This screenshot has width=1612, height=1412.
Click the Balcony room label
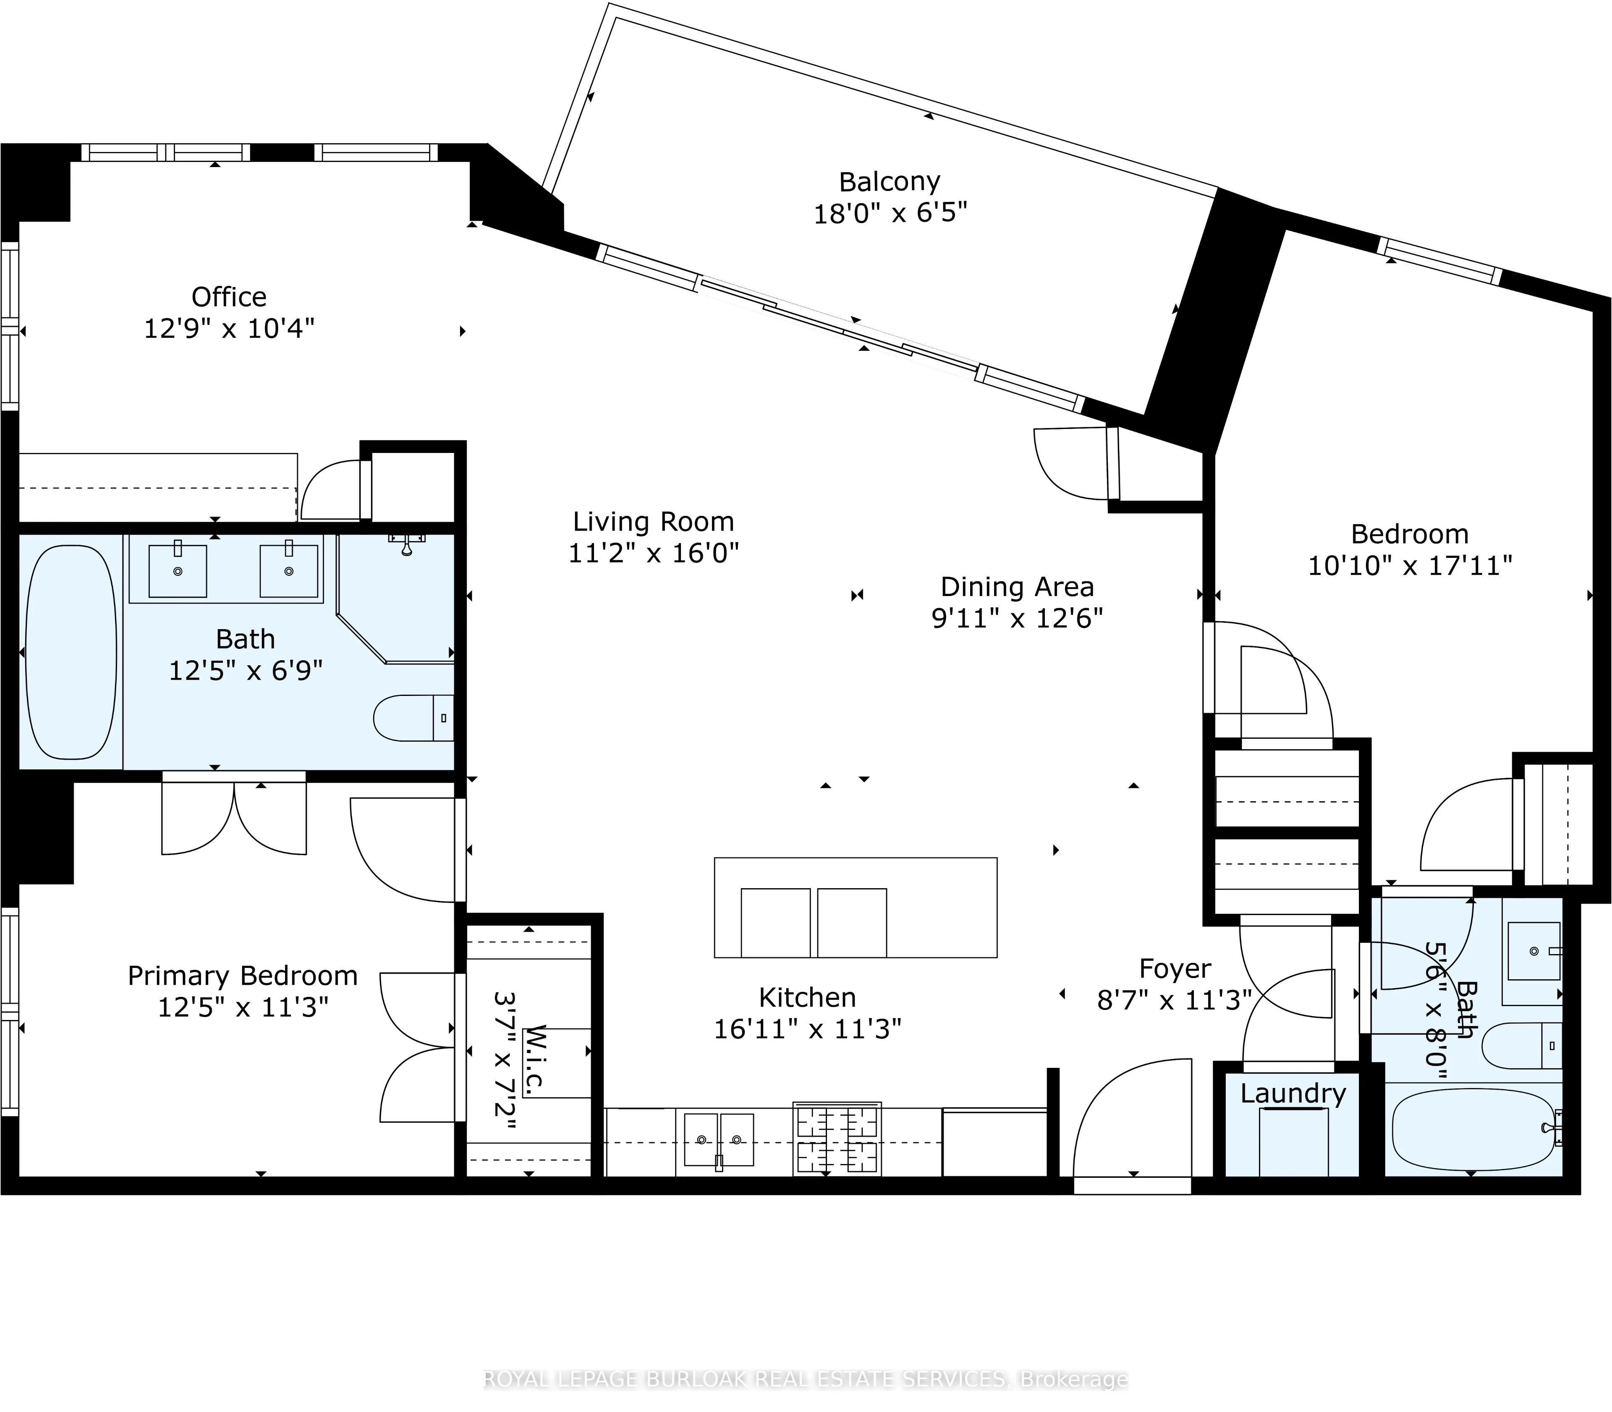tap(890, 182)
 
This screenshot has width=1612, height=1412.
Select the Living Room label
tap(653, 522)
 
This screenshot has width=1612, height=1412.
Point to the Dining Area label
tap(1017, 587)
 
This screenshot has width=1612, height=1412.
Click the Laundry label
tap(1293, 1094)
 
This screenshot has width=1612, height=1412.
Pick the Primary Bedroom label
tap(243, 976)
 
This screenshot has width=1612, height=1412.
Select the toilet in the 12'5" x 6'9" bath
tap(413, 718)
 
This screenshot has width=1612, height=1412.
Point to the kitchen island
tap(856, 908)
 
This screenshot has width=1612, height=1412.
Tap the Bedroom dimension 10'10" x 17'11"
tap(1410, 566)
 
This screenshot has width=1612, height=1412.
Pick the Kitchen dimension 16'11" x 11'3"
tap(808, 1029)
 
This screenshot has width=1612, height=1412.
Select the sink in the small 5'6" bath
tap(1533, 952)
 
